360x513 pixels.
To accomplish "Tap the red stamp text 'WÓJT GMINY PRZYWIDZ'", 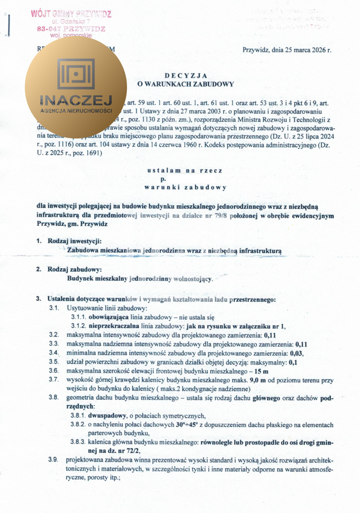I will pyautogui.click(x=71, y=14).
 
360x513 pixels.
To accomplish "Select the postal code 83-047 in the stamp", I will pyautogui.click(x=49, y=29).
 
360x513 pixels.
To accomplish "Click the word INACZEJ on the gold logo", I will pyautogui.click(x=76, y=100).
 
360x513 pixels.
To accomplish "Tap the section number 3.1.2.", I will pyautogui.click(x=79, y=326).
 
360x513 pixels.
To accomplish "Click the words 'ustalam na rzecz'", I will pyautogui.click(x=185, y=170).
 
